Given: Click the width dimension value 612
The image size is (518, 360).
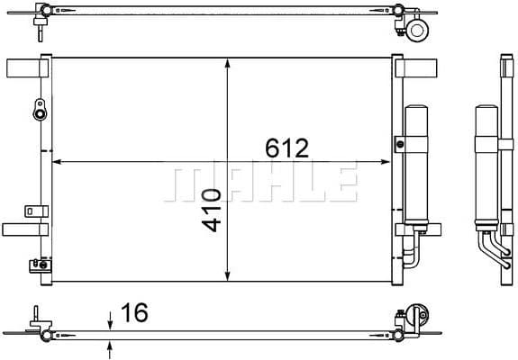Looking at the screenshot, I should click(286, 148).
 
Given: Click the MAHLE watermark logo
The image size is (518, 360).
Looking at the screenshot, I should click(262, 183).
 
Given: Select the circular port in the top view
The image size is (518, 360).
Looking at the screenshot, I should click(417, 30).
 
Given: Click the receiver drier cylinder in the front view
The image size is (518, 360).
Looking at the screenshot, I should click(416, 166).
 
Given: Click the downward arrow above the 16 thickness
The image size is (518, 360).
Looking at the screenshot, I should click(110, 319).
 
